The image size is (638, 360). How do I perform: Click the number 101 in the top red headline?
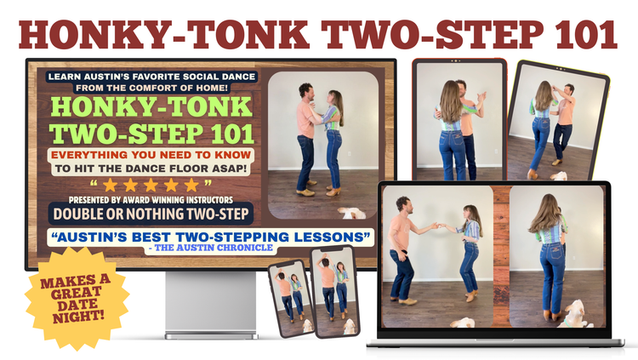[x=586, y=34]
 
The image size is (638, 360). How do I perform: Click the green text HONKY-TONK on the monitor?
[x=151, y=106]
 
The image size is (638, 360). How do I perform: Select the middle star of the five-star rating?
[x=151, y=185]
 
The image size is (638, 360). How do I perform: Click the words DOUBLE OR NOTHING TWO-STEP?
[x=151, y=214]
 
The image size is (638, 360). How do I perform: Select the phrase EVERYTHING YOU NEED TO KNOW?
[x=151, y=155]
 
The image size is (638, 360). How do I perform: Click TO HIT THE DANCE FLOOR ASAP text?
[x=151, y=169]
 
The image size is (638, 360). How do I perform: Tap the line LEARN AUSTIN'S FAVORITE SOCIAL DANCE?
[x=151, y=77]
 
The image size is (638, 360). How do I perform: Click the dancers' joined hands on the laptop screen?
[x=438, y=226]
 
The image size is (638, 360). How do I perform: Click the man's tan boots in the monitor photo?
[x=306, y=191]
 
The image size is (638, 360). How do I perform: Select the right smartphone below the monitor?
[x=334, y=293]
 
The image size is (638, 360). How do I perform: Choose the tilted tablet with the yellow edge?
[x=558, y=121]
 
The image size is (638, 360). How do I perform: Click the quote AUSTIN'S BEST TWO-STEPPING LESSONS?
[x=210, y=237]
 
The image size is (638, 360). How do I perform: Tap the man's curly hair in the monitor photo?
[x=305, y=89]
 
